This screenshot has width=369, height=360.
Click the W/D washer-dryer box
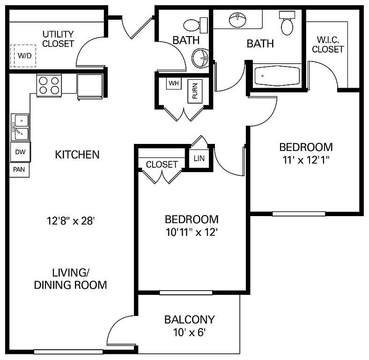click(x=23, y=56)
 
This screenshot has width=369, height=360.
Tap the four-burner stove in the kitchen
click(x=49, y=85)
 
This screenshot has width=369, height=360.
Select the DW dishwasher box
click(x=21, y=152)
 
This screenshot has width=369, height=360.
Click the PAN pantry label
click(x=19, y=169)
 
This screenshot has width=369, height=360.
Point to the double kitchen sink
click(x=20, y=127)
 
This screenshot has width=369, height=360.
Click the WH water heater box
click(x=174, y=83)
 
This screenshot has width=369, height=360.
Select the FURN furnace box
click(x=195, y=91)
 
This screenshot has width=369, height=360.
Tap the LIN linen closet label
click(x=199, y=158)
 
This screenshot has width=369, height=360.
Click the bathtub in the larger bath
click(x=277, y=76)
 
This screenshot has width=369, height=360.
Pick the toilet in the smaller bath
click(x=195, y=25)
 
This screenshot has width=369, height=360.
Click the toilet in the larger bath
click(x=287, y=23)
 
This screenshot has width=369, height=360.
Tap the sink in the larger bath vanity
click(x=237, y=20)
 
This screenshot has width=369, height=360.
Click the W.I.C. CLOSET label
click(x=328, y=45)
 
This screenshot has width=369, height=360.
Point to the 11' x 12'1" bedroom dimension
click(x=306, y=160)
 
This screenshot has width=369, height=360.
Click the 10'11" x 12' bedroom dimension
click(x=192, y=232)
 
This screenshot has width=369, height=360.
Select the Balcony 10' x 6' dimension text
click(x=190, y=332)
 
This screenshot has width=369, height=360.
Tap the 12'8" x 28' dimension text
click(x=71, y=221)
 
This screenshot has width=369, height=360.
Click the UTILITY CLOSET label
click(x=58, y=39)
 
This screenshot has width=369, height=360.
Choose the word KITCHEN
click(x=77, y=155)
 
